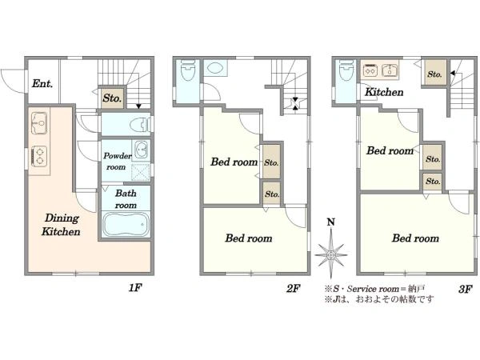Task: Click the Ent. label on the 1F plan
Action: coord(42,83)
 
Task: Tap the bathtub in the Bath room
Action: coord(126,224)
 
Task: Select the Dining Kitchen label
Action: coord(62,225)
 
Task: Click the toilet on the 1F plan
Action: coord(140,125)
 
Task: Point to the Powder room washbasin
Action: coord(142,150)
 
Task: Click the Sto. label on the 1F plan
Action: coord(112,98)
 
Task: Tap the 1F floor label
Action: coord(135,287)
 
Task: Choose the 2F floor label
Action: coord(293,288)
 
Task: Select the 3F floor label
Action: coord(465,289)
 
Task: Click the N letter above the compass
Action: coord(330,222)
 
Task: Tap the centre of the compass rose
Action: coord(331,254)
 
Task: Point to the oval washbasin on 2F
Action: coord(215,68)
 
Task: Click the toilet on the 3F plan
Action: coord(346,70)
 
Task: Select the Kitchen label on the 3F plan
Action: coord(384,92)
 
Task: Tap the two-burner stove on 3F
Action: coord(370,70)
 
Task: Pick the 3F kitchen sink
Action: coord(390,70)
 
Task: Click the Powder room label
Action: coord(117,162)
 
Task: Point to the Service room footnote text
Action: coord(374,289)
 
